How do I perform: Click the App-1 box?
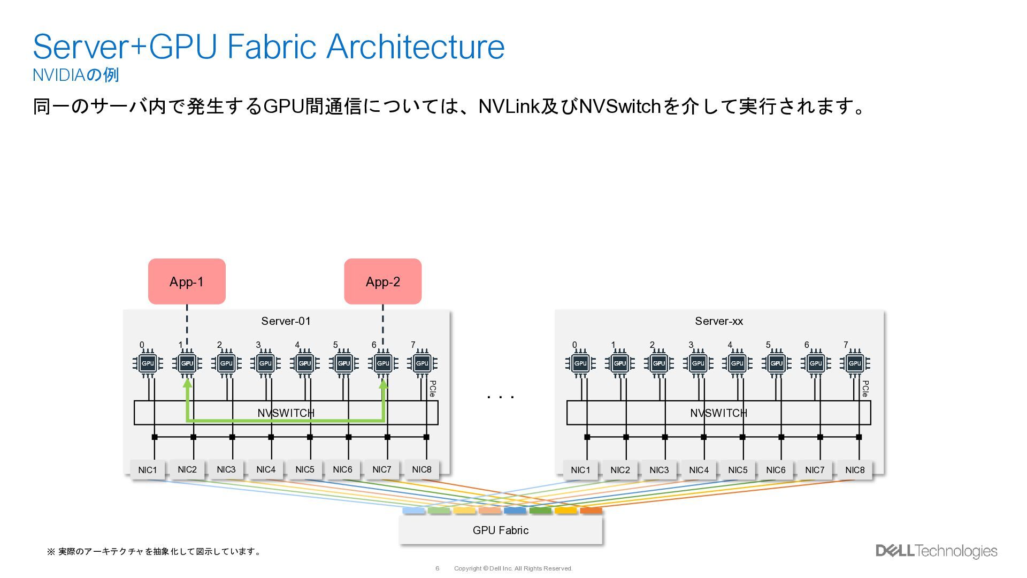(x=187, y=282)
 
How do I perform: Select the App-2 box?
(x=382, y=282)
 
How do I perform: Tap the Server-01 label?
(x=286, y=321)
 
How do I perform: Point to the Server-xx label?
(x=719, y=321)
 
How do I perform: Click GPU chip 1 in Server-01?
(x=187, y=363)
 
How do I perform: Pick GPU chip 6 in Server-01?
(x=383, y=363)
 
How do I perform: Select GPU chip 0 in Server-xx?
(x=580, y=363)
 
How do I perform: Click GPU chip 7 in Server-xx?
(x=855, y=363)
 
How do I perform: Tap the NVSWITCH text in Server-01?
(x=286, y=413)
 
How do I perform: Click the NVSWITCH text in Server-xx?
(x=718, y=413)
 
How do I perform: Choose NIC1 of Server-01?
(x=148, y=470)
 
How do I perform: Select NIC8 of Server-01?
(x=421, y=469)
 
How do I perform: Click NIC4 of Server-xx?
(x=699, y=470)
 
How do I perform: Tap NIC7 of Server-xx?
(x=815, y=470)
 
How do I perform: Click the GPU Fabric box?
(x=501, y=530)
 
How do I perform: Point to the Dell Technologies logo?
(x=936, y=551)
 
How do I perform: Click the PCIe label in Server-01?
(x=433, y=389)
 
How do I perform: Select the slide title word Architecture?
(x=415, y=47)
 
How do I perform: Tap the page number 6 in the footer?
(x=437, y=568)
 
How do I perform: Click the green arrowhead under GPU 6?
(x=383, y=384)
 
